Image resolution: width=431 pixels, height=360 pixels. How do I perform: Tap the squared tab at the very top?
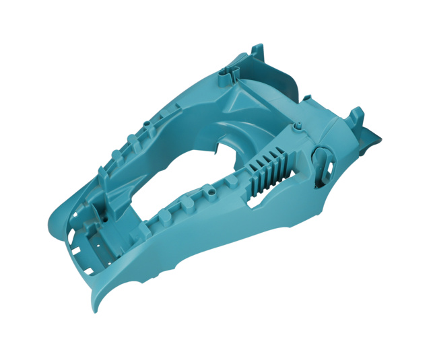pos(257,50)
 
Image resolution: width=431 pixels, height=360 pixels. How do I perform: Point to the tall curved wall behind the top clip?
pos(283,74)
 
